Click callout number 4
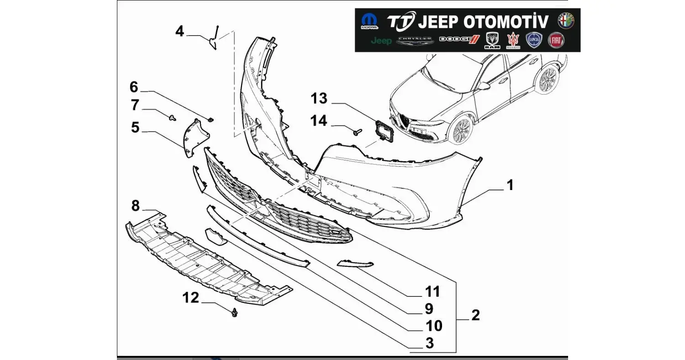(x=179, y=32)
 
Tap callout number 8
(x=135, y=206)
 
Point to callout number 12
(x=191, y=298)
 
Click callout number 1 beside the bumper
(x=510, y=185)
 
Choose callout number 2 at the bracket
(x=475, y=315)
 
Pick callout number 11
(x=432, y=291)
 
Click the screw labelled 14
(x=357, y=132)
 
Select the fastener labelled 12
(x=235, y=313)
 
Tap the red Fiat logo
(x=556, y=41)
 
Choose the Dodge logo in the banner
(x=459, y=40)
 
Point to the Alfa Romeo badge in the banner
(x=566, y=21)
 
